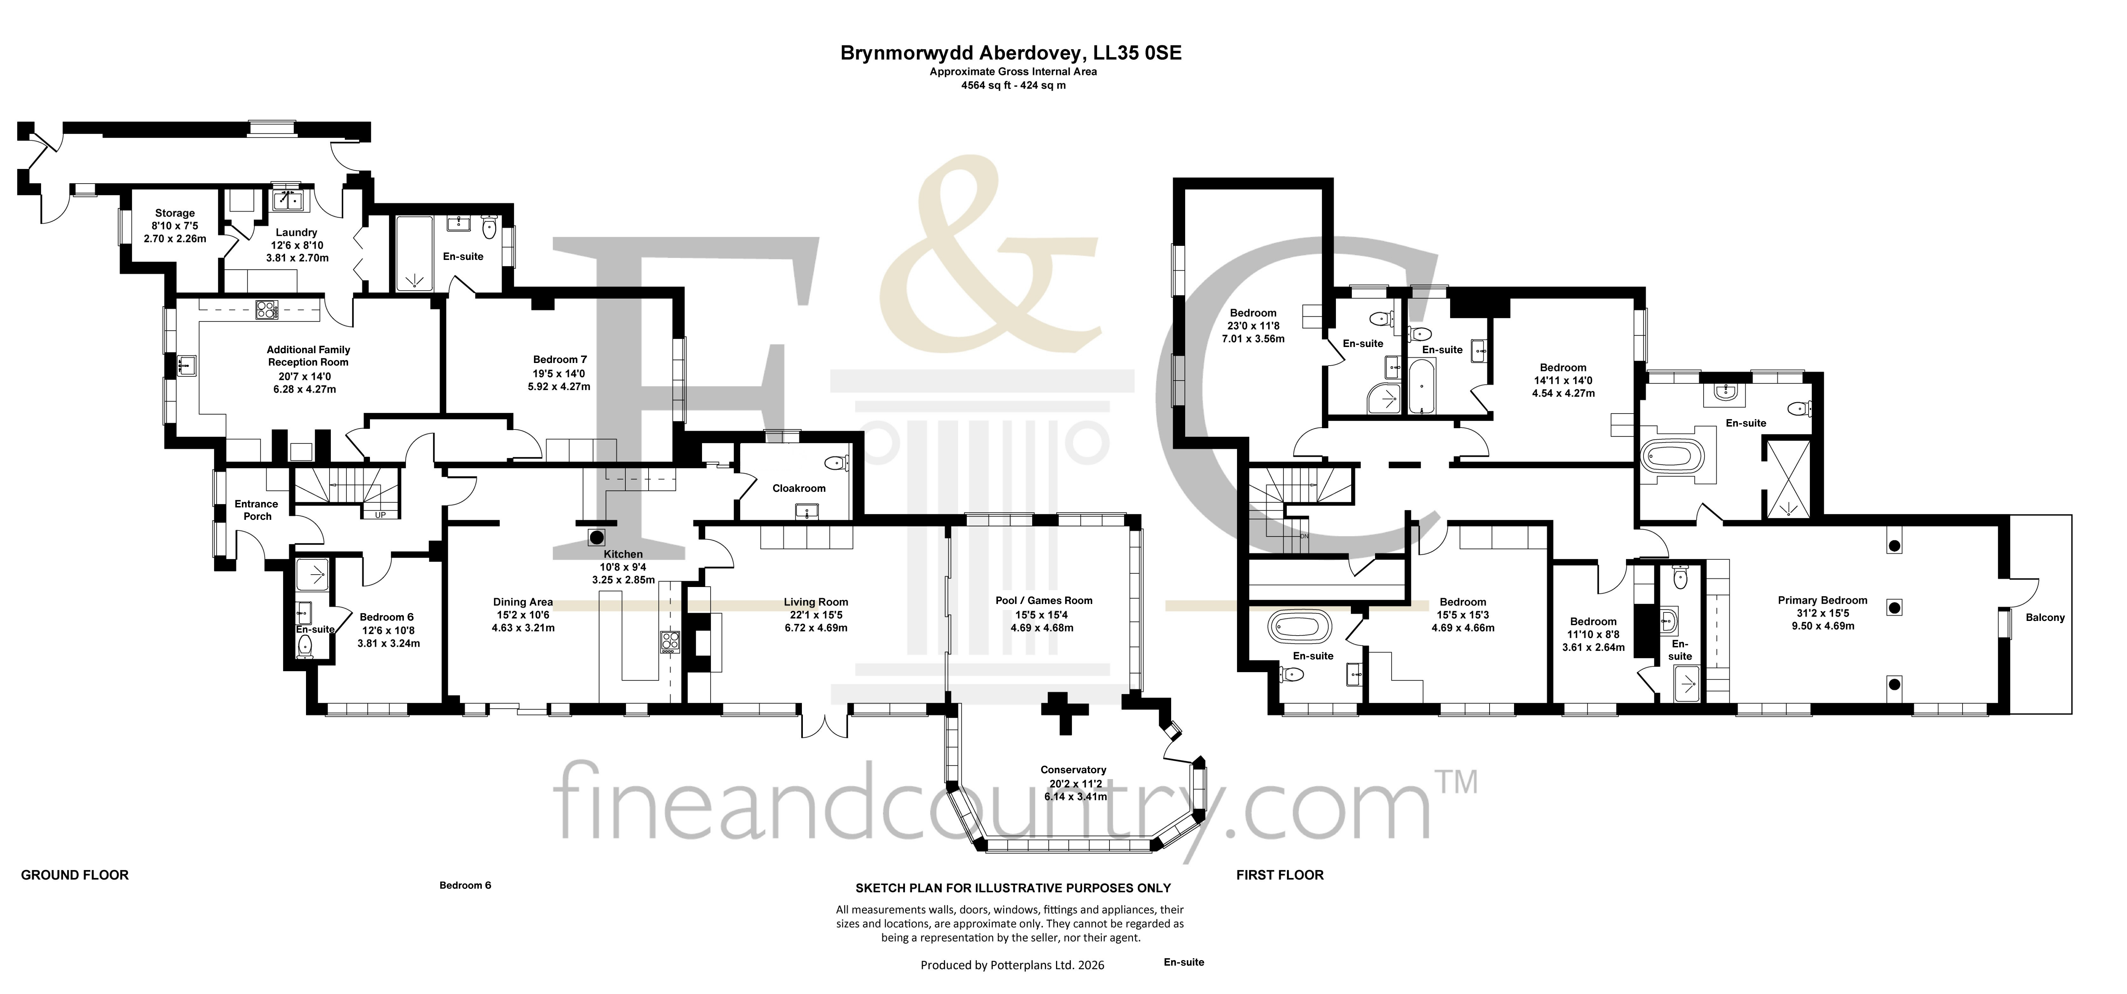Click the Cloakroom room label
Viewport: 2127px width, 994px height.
click(799, 488)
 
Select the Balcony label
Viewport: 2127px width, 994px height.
click(2044, 618)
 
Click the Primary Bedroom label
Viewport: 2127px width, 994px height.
click(1822, 600)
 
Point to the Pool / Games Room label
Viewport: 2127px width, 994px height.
click(1044, 600)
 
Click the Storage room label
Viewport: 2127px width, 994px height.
click(174, 213)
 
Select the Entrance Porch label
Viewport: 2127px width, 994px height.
click(257, 509)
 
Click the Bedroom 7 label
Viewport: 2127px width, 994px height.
click(560, 359)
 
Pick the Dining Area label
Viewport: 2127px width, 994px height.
click(523, 602)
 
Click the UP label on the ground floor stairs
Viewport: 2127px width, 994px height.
click(381, 515)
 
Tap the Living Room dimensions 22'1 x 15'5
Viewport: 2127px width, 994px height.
click(816, 615)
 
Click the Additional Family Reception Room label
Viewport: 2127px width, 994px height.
click(309, 356)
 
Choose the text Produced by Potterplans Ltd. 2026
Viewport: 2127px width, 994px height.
click(1012, 964)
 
